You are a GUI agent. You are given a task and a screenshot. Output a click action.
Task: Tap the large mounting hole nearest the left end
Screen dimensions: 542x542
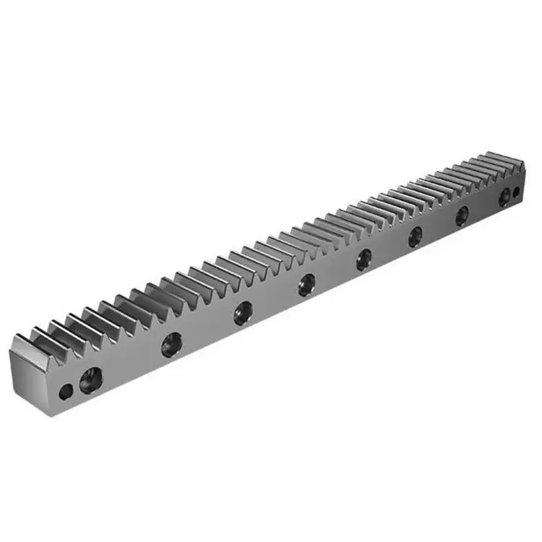(x=91, y=379)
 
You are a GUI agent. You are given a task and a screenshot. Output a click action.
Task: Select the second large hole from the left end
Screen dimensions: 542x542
(x=172, y=344)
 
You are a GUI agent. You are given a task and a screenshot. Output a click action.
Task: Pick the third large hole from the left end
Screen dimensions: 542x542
(x=243, y=313)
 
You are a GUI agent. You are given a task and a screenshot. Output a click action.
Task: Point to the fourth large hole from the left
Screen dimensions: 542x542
(x=307, y=284)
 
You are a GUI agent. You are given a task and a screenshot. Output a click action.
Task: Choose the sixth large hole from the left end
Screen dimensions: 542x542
(x=416, y=236)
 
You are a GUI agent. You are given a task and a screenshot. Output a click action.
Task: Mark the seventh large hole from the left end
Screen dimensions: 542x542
(x=462, y=215)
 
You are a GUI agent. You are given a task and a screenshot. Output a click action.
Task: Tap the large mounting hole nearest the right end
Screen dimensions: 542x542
(x=504, y=197)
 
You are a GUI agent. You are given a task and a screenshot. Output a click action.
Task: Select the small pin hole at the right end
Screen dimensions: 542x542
(x=516, y=192)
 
